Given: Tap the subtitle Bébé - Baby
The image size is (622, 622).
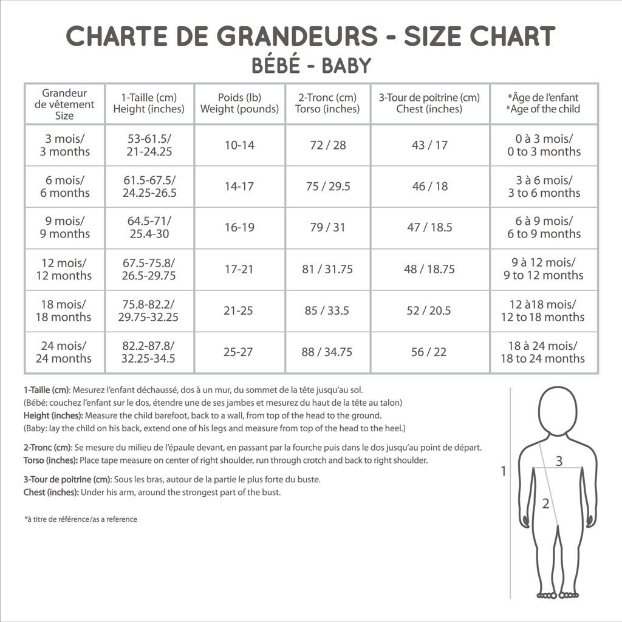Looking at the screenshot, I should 310,66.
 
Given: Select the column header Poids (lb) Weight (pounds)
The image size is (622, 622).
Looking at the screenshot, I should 239,103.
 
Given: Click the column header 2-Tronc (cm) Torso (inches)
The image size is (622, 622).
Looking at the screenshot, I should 327,103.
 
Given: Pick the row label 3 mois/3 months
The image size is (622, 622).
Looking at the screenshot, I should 64,145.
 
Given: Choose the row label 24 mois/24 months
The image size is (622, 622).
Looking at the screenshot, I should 64,352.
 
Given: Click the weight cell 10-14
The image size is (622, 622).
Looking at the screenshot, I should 239,146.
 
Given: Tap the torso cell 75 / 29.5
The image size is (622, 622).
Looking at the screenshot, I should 328,186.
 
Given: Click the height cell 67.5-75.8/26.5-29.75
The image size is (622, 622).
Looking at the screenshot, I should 149,269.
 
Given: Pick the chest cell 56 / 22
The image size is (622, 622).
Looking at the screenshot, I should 429,352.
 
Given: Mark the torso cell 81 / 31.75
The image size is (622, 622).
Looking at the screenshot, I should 327,269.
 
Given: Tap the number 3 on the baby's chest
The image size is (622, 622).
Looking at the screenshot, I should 559,461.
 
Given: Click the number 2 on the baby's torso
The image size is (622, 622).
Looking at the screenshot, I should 545,503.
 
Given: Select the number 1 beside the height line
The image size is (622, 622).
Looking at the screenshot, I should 503,471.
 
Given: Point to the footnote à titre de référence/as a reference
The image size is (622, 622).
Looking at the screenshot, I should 80,519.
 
